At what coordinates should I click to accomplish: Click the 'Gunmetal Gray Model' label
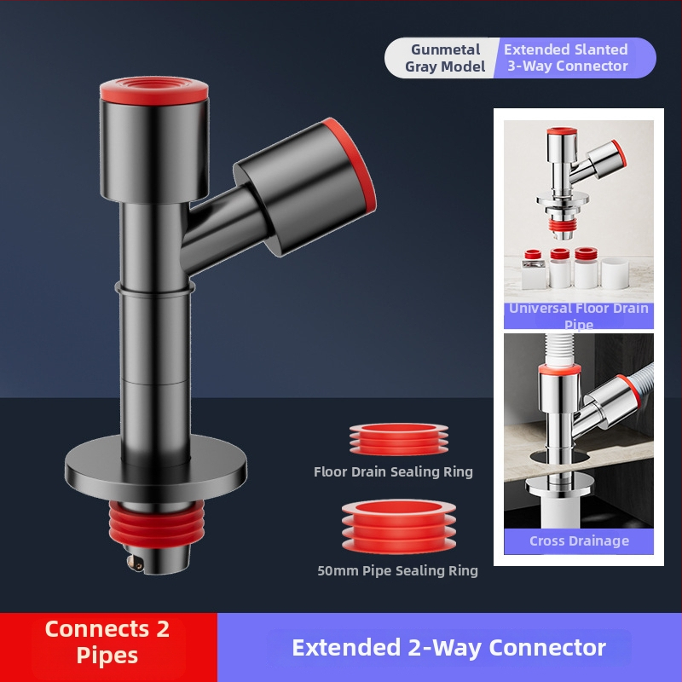(445, 58)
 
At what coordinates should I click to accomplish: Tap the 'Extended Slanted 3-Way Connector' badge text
(566, 57)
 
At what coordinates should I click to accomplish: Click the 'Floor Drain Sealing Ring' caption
(393, 471)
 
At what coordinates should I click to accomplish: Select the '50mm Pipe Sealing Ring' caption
(397, 570)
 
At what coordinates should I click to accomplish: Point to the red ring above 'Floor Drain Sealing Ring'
(398, 439)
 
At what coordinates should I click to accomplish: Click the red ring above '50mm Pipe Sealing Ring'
(398, 527)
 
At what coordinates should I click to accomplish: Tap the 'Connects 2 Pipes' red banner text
(107, 642)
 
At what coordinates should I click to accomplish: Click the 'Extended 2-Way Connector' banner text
(448, 648)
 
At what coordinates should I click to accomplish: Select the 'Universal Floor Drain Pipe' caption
(579, 316)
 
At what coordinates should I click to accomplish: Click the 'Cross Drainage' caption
(579, 540)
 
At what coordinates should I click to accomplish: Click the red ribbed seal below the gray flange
(155, 524)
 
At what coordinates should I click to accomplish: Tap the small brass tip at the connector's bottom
(136, 563)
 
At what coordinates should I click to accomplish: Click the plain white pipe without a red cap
(614, 273)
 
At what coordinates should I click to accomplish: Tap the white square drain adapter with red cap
(534, 269)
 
